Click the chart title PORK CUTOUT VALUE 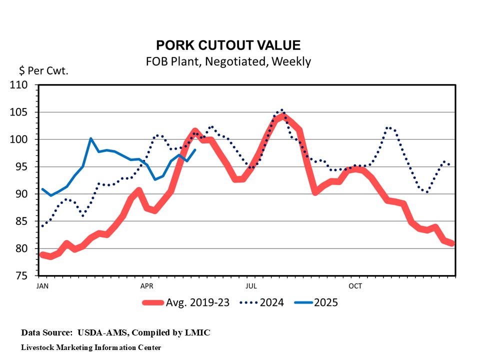click(228, 45)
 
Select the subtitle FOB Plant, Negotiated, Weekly click(228, 61)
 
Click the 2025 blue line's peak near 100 click(90, 138)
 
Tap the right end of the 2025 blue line click(195, 149)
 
